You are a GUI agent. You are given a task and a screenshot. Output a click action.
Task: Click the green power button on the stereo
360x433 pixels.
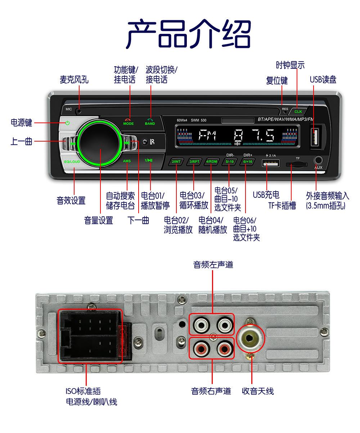67,123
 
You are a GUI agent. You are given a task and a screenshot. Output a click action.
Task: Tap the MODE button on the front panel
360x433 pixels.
128,122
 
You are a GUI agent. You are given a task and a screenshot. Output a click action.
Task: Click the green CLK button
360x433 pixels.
298,111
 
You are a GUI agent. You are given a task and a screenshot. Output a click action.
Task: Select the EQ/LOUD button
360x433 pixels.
72,162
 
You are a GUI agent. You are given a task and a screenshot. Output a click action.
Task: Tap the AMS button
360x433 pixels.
127,161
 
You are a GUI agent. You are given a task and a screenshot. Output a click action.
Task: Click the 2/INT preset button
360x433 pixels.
176,162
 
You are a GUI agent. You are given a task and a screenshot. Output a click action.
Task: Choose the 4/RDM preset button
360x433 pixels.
212,162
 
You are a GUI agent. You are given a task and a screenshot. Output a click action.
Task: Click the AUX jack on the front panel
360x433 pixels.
318,160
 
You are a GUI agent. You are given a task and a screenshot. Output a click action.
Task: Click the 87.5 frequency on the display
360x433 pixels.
254,135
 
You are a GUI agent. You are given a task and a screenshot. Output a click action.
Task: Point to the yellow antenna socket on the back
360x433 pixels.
251,339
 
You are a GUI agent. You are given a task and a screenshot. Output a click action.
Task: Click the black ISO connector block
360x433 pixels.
90,336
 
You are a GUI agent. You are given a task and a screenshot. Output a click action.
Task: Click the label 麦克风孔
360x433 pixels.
74,79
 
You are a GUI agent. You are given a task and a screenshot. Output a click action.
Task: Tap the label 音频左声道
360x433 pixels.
213,265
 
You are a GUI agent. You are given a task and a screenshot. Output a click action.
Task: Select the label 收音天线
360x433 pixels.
258,391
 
